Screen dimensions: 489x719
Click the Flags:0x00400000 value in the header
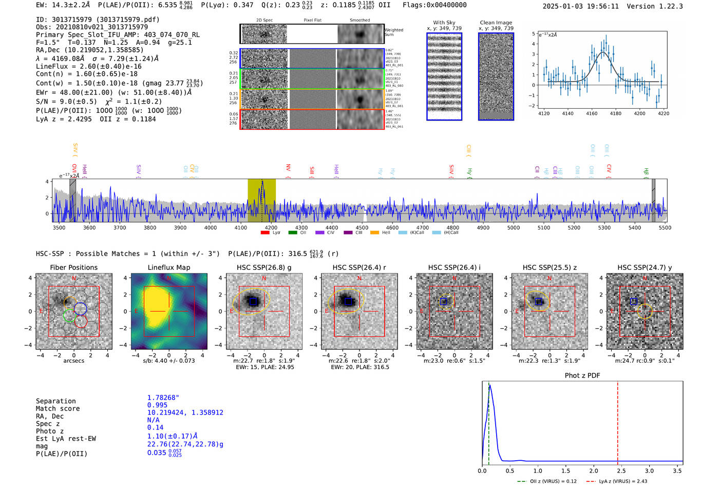[434, 5]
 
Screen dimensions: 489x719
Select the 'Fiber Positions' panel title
[73, 267]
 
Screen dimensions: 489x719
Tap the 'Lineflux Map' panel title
[169, 267]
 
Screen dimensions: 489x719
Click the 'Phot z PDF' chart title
[582, 376]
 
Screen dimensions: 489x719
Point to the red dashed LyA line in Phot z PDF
[617, 421]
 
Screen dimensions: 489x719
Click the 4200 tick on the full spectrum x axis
[271, 227]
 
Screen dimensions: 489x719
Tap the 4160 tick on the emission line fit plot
[592, 113]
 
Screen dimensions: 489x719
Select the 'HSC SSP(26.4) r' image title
[359, 267]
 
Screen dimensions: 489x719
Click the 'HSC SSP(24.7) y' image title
[645, 267]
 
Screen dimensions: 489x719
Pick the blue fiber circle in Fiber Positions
[80, 308]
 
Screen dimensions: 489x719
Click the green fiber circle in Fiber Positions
[69, 316]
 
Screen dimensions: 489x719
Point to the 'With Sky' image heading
[444, 23]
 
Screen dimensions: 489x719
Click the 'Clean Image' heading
[496, 23]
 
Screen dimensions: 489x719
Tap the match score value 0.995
[157, 405]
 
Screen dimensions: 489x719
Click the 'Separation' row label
[55, 401]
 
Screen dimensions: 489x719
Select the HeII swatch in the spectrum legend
[375, 233]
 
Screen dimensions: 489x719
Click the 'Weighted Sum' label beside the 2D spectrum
[393, 32]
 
